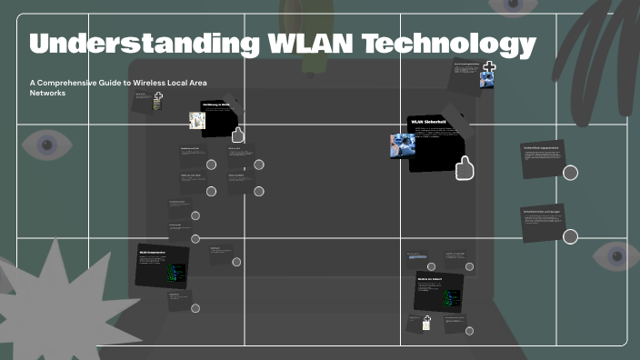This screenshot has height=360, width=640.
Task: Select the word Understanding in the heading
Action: (x=139, y=44)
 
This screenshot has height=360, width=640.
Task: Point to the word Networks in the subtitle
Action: (x=48, y=93)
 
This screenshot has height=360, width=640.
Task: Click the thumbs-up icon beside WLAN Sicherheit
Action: (x=465, y=168)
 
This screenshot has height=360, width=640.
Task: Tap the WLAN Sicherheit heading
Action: (x=428, y=121)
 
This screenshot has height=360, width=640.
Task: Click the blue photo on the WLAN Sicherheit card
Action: (x=402, y=146)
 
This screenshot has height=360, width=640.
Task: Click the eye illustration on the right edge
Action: (x=615, y=256)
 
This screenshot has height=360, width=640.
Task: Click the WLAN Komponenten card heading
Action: (x=155, y=248)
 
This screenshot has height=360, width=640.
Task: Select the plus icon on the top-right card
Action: (x=488, y=66)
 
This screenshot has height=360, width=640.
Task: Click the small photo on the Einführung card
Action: (x=195, y=120)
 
